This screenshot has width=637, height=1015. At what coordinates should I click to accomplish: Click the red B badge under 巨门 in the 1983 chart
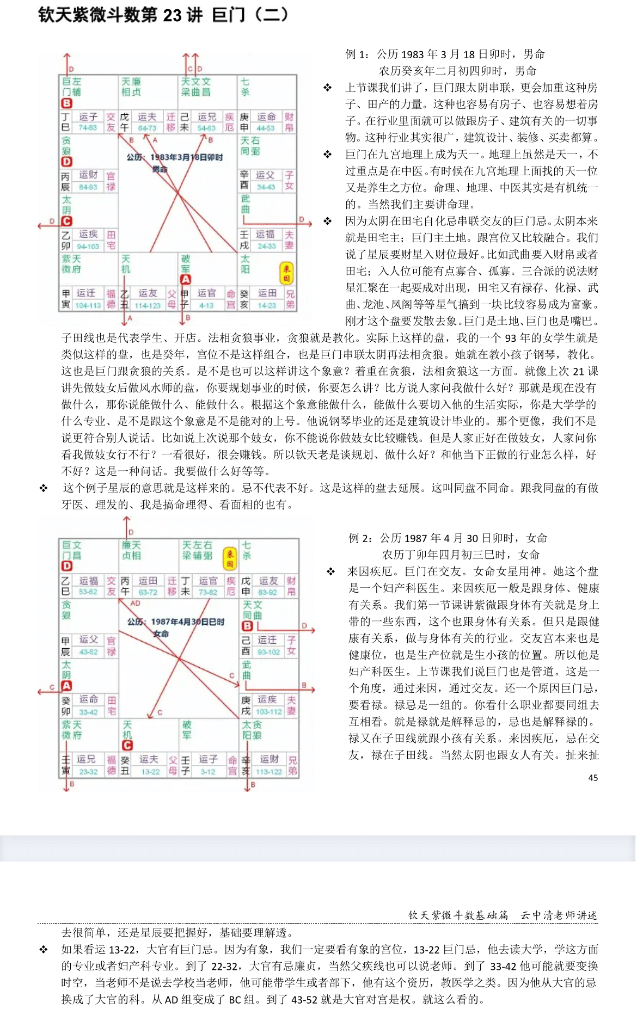(x=67, y=103)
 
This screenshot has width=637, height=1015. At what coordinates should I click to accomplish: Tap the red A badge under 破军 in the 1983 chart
(x=186, y=280)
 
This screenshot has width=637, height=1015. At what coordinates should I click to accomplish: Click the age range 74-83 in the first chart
(x=88, y=128)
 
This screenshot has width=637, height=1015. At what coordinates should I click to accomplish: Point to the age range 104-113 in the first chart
(x=88, y=305)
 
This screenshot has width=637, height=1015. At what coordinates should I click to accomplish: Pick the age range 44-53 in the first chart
(x=266, y=128)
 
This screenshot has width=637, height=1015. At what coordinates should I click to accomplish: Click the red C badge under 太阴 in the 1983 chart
(x=67, y=221)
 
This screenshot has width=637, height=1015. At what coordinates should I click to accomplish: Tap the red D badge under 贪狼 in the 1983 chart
(x=67, y=162)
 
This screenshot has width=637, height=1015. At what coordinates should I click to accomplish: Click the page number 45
(x=593, y=778)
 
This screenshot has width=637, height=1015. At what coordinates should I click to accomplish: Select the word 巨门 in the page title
(x=228, y=15)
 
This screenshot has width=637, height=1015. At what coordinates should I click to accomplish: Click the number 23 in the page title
(x=172, y=15)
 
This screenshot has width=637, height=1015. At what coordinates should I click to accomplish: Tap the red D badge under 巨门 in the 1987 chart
(x=67, y=567)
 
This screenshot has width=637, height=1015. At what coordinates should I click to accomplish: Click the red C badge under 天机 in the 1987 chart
(x=127, y=746)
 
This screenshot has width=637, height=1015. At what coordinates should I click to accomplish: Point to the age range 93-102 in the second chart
(x=269, y=652)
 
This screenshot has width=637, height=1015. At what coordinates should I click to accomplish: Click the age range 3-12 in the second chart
(x=207, y=772)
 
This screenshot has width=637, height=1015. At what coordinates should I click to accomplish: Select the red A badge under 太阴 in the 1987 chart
(x=66, y=686)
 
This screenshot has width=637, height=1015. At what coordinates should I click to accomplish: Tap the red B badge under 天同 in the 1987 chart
(x=247, y=626)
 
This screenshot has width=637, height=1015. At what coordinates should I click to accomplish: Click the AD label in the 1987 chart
(x=135, y=603)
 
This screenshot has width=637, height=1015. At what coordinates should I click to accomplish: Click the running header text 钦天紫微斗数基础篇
(x=458, y=915)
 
